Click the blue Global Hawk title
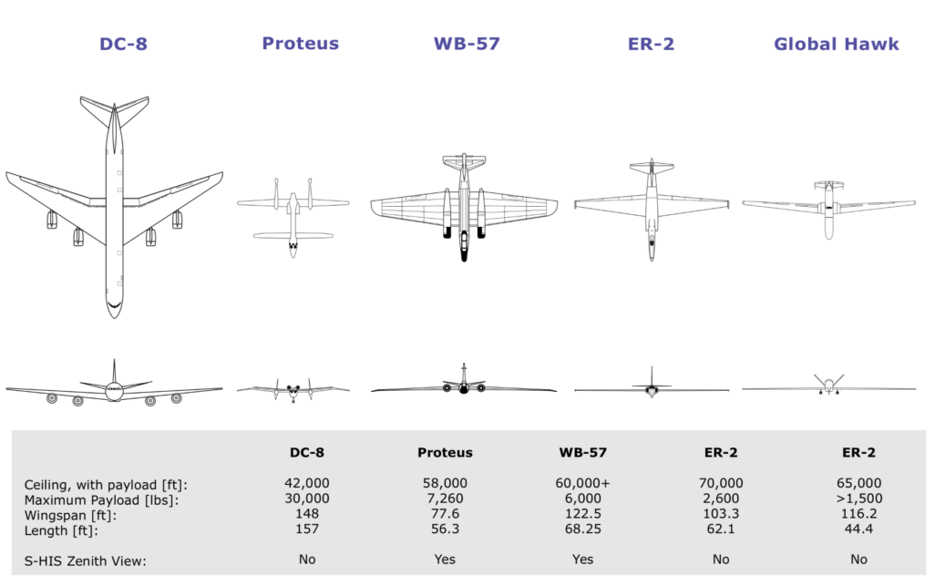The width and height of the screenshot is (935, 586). click(x=836, y=44)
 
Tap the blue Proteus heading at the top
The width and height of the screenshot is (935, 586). click(x=301, y=44)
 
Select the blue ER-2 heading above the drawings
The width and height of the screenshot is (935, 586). click(x=652, y=44)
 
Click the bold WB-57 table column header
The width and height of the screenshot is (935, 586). click(x=582, y=452)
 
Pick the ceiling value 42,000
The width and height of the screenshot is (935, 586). click(x=307, y=483)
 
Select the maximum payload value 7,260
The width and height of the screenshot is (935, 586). click(x=445, y=499)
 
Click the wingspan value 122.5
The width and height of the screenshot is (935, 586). click(x=583, y=513)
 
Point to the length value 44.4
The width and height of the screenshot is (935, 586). click(x=858, y=529)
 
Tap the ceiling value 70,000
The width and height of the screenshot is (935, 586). click(x=721, y=483)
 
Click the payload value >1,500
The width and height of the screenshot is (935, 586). click(x=858, y=499)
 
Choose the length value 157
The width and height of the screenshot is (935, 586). click(x=307, y=529)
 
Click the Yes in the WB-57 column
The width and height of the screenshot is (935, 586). click(x=582, y=560)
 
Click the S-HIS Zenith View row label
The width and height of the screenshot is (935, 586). click(x=86, y=561)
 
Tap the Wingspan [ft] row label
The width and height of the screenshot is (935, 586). click(x=70, y=515)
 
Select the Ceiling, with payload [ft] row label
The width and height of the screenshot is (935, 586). click(x=106, y=485)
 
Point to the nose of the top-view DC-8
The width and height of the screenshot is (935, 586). click(x=114, y=317)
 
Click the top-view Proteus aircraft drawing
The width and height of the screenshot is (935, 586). click(x=293, y=218)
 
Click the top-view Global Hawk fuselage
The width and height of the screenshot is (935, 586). click(x=828, y=211)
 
